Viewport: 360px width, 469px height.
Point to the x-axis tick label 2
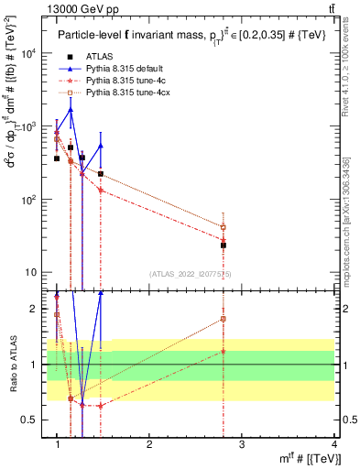[x=149, y=444]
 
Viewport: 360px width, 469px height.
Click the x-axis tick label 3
[x=242, y=444]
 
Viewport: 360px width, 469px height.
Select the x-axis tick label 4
[x=334, y=444]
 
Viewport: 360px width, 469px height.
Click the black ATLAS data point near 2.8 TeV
[x=223, y=245]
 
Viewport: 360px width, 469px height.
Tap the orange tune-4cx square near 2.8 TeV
[x=223, y=227]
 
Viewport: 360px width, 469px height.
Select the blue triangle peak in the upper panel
[x=71, y=110]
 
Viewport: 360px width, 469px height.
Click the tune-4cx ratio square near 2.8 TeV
[x=223, y=319]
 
